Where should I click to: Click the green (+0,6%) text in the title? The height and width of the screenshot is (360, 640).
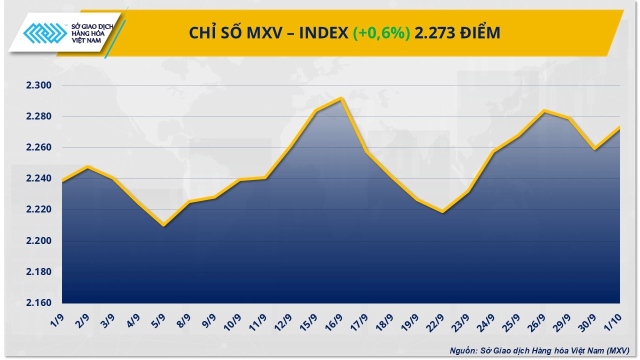pyautogui.click(x=381, y=33)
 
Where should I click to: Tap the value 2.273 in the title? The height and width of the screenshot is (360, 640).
pyautogui.click(x=435, y=33)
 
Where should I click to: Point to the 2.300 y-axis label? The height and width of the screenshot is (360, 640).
pyautogui.click(x=39, y=85)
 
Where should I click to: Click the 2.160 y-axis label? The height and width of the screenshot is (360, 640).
pyautogui.click(x=39, y=303)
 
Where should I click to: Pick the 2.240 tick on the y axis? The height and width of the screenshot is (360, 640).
pyautogui.click(x=39, y=178)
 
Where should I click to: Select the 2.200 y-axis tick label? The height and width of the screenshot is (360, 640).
pyautogui.click(x=39, y=241)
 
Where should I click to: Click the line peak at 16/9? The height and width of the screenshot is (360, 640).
pyautogui.click(x=340, y=98)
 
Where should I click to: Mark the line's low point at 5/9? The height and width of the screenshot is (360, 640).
pyautogui.click(x=164, y=225)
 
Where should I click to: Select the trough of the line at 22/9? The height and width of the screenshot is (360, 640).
pyautogui.click(x=442, y=211)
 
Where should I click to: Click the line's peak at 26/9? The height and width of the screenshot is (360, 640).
pyautogui.click(x=543, y=110)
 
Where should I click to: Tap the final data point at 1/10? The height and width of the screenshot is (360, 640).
pyautogui.click(x=619, y=127)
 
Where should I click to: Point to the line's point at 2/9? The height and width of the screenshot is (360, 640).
pyautogui.click(x=87, y=166)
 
